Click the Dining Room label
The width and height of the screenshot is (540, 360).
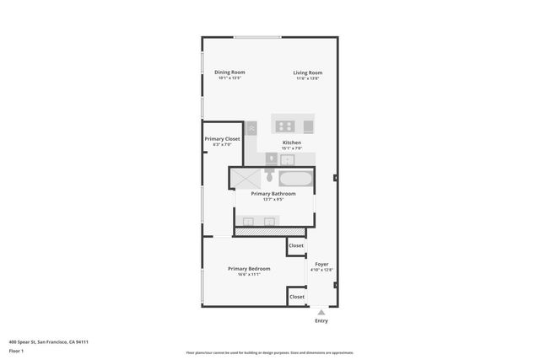pos(229,73)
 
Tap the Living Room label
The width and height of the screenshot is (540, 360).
pos(308,73)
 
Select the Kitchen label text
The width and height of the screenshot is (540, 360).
pos(291,142)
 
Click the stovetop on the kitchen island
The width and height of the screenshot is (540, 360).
pos(284,126)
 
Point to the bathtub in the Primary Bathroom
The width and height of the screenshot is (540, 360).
pos(295,178)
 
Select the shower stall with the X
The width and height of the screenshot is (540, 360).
pos(246,177)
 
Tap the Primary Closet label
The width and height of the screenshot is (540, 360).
pos(222,138)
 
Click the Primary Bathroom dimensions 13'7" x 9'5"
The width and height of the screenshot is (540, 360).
pos(273,200)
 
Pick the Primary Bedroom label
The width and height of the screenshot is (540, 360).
pos(249,268)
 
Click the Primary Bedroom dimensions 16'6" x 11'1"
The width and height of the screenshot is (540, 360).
pos(249,274)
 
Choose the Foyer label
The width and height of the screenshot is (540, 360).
pos(321,264)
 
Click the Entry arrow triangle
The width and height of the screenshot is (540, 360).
pos(321,312)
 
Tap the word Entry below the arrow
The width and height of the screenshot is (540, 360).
pos(321,321)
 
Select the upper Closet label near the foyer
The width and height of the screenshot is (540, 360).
pos(296,245)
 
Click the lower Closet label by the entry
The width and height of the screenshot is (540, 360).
pos(297,297)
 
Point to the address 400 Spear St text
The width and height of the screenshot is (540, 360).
pos(49,341)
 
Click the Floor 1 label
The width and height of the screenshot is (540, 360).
pos(17,351)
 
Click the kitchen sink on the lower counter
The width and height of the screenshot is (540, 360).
pos(288,159)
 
